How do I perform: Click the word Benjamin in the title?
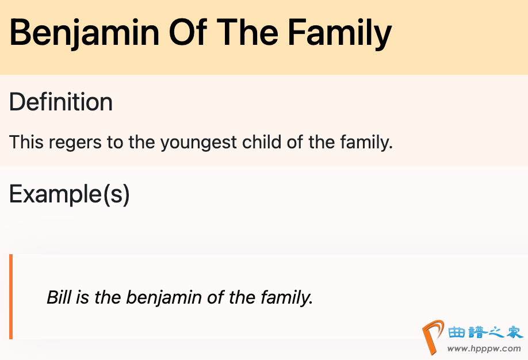[x=84, y=33]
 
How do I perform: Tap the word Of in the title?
[x=188, y=32]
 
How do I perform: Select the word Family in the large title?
[x=339, y=33]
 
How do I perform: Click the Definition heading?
[x=60, y=102]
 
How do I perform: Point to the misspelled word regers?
[x=75, y=143]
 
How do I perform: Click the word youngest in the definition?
[x=198, y=143]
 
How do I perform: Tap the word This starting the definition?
[x=26, y=141]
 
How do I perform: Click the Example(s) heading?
[x=70, y=194]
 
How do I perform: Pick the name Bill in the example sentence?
[x=59, y=297]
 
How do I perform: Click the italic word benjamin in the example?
[x=164, y=298]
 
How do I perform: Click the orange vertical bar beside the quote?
[x=11, y=296]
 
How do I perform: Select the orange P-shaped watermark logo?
[x=433, y=337]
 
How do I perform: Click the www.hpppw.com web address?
[x=484, y=349]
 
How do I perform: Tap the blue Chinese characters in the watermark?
[x=485, y=332]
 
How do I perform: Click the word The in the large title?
[x=247, y=32]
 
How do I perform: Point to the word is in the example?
[x=82, y=297]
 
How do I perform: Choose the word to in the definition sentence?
[x=115, y=143]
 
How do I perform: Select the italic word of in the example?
[x=215, y=297]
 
